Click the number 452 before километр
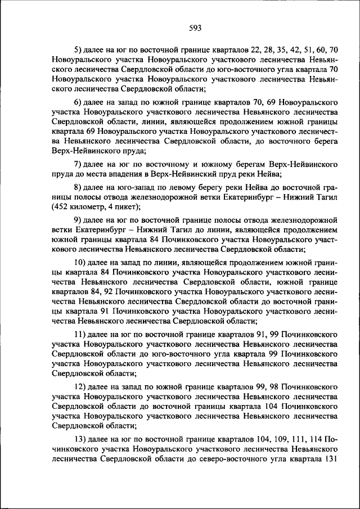(x=61, y=207)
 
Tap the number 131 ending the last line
(x=329, y=458)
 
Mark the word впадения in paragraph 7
(x=120, y=175)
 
